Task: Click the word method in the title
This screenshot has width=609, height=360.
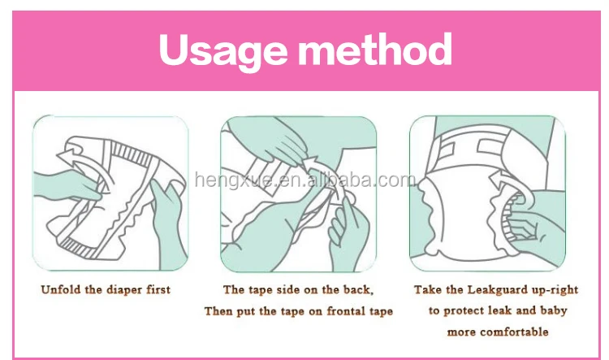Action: (x=375, y=49)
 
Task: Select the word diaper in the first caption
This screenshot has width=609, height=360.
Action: (x=125, y=290)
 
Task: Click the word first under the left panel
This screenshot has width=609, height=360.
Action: (x=158, y=289)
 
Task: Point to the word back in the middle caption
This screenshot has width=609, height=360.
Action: (x=358, y=289)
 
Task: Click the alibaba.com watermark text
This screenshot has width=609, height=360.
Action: (x=305, y=180)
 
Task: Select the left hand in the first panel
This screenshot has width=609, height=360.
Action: (x=66, y=186)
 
